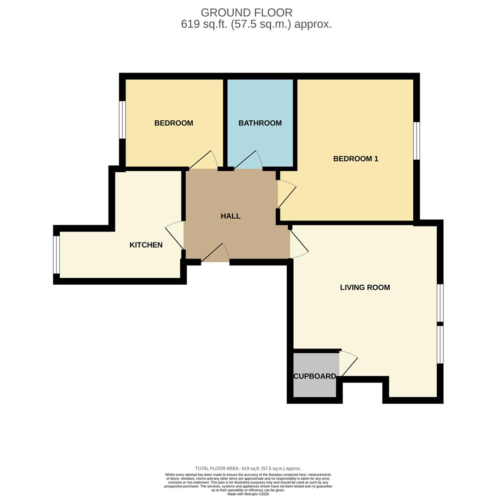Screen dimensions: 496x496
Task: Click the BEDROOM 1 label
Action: (355, 159)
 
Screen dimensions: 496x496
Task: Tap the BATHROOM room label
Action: (260, 123)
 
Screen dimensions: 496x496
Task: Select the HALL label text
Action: (230, 216)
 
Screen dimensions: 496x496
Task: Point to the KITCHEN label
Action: (146, 245)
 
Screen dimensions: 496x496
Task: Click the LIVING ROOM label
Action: (365, 287)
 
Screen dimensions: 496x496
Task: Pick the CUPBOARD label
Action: (315, 376)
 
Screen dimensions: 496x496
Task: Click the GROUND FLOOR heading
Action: (246, 13)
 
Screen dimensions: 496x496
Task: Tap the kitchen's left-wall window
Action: (57, 255)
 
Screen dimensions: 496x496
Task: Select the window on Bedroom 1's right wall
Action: (416, 141)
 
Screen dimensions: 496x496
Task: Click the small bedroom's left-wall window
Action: (122, 119)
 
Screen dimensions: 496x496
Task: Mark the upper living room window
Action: (440, 303)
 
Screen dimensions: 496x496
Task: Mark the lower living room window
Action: (440, 344)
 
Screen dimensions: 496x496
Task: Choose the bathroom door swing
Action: (249, 160)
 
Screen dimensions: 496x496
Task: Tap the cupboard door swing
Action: (348, 364)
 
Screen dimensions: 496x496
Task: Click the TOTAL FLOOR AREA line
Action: (248, 468)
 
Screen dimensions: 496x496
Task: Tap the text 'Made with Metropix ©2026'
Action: (248, 494)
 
